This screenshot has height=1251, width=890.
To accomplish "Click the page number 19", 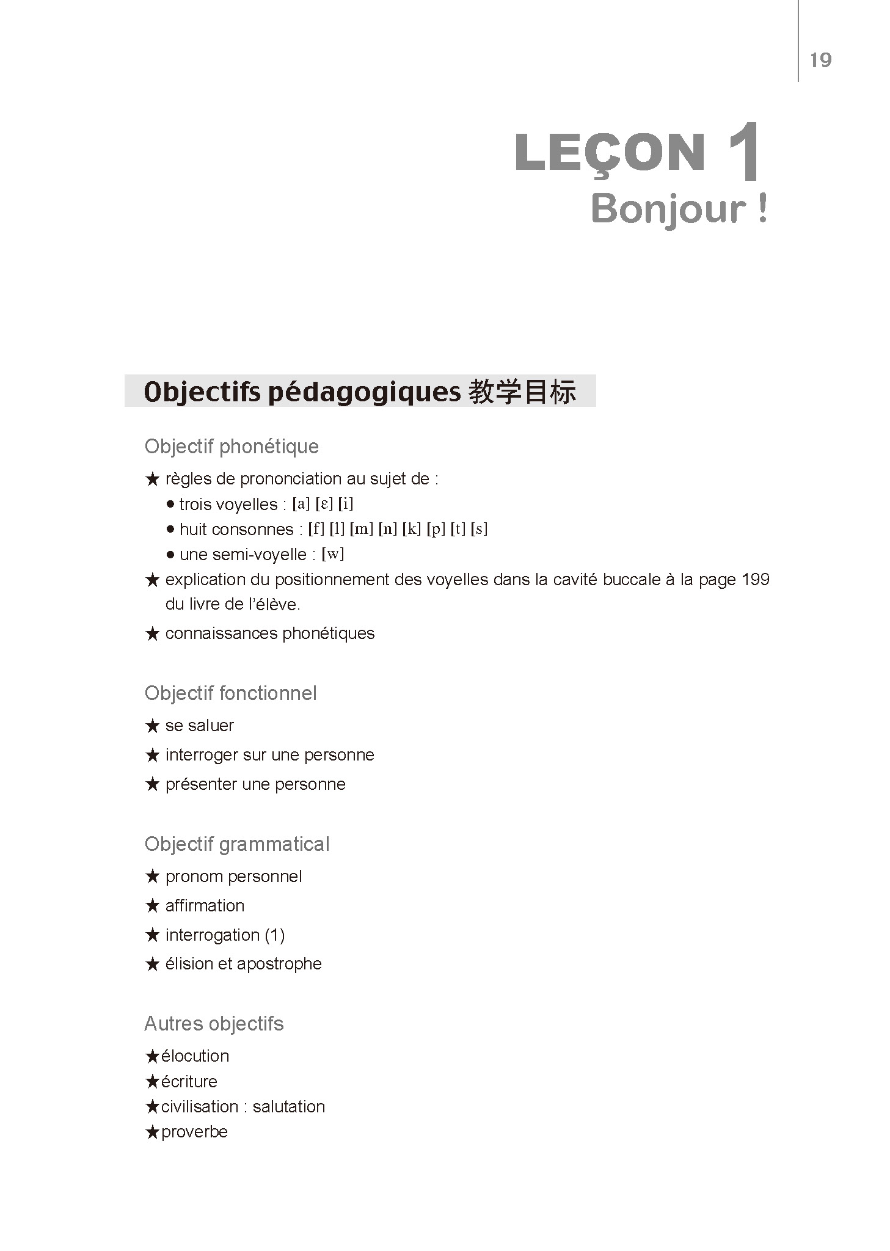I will pos(820,60).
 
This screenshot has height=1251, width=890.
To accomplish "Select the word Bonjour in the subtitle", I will pos(668,210).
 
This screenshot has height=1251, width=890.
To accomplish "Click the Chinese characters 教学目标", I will pos(522,392).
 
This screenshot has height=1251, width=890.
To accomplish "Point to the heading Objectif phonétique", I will pos(232,447).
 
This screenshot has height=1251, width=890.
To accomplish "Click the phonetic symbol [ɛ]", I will pos(324,504).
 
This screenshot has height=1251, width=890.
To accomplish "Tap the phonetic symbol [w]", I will pos(333,554).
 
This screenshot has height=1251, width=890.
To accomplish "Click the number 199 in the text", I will pos(755,579).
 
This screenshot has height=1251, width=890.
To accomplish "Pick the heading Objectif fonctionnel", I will pos(230,693).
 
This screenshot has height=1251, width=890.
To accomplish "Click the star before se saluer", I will pos(152,726).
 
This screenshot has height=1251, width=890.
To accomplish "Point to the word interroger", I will pos(202,755).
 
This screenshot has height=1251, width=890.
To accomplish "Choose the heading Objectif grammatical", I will pos(237,844).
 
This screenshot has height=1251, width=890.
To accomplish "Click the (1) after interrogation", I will pos(274,935).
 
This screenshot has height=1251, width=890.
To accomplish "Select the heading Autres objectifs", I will pos(214,1024).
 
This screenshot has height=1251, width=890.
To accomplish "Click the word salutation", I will pos(288,1107).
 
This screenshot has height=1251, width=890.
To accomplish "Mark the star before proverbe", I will pos(152,1132).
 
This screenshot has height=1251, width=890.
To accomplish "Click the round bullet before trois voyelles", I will pos(170,505).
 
